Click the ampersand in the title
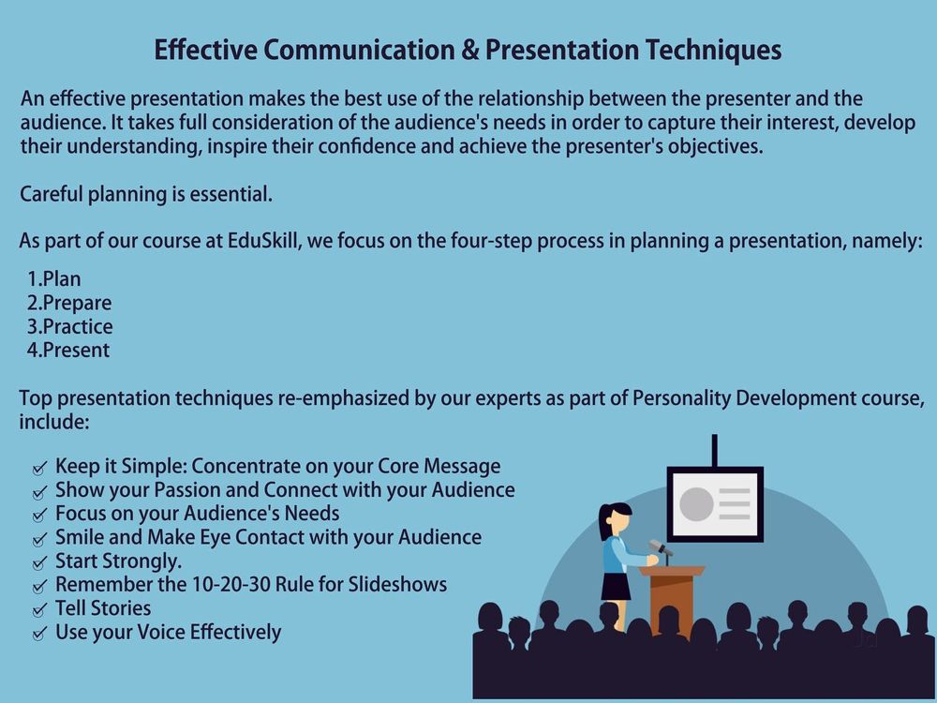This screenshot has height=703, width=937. coord(470,50)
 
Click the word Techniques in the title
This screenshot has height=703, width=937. coord(713,51)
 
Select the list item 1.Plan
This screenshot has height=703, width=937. coord(53,279)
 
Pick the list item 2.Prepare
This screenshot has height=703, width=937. coord(68,303)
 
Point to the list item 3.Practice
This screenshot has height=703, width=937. coord(69,326)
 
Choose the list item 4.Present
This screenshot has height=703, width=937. coord(68,351)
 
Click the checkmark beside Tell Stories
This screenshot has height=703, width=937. coord(39,610)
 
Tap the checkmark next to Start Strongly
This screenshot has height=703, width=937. coord(39,563)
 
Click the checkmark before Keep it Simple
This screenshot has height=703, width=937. coord(39,468)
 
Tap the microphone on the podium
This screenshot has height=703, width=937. coord(661,548)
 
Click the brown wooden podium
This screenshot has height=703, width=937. coord(672,598)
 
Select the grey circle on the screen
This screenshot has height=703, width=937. coord(696,504)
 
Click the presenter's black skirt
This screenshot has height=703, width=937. coord(616,586)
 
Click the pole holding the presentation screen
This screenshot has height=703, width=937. coord(715,451)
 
